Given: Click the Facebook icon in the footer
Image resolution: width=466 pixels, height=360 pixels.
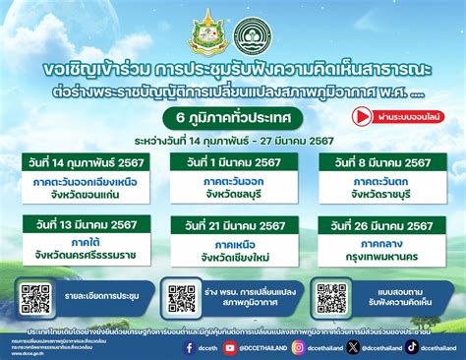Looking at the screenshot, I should coord(189,346).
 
